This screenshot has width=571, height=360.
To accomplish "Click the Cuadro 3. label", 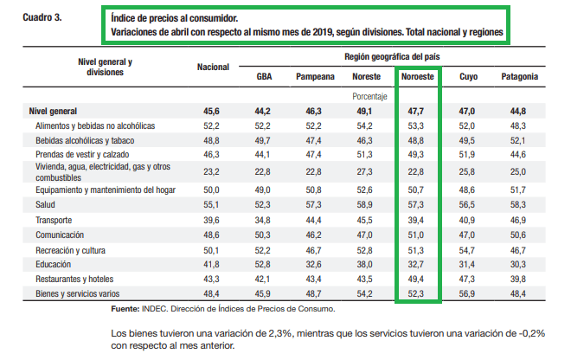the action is pyautogui.click(x=42, y=17).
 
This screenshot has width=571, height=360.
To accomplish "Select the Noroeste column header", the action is pyautogui.click(x=417, y=76).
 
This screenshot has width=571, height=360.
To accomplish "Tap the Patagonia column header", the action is pyautogui.click(x=520, y=76).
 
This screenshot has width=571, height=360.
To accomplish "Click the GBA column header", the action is pyautogui.click(x=264, y=76).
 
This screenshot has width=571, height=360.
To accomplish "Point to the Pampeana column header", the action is pyautogui.click(x=315, y=76).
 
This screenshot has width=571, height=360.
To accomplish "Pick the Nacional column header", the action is pyautogui.click(x=213, y=67).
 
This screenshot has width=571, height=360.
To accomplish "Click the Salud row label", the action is pyautogui.click(x=45, y=205).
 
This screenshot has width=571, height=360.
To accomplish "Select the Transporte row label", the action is pyautogui.click(x=54, y=220).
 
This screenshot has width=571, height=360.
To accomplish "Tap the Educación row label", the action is pyautogui.click(x=53, y=265).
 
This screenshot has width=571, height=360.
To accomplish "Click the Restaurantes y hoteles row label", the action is pyautogui.click(x=74, y=280).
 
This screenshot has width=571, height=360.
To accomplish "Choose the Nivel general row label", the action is pyautogui.click(x=53, y=111).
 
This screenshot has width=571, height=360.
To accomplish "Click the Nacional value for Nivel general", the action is pyautogui.click(x=211, y=111).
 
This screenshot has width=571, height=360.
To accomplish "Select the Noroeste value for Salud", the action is pyautogui.click(x=415, y=205).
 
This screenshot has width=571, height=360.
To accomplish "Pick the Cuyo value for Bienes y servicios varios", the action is pyautogui.click(x=466, y=293).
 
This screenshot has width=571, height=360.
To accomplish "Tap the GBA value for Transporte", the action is pyautogui.click(x=262, y=220).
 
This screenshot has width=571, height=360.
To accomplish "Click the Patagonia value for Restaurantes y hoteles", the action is pyautogui.click(x=518, y=280).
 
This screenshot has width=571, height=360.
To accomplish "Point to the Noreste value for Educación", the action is pyautogui.click(x=364, y=265).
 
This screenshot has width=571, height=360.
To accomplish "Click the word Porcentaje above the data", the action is pyautogui.click(x=369, y=97).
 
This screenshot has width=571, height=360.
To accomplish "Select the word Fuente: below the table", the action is pyautogui.click(x=125, y=309).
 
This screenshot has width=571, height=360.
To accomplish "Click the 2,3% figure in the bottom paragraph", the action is pyautogui.click(x=280, y=333).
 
